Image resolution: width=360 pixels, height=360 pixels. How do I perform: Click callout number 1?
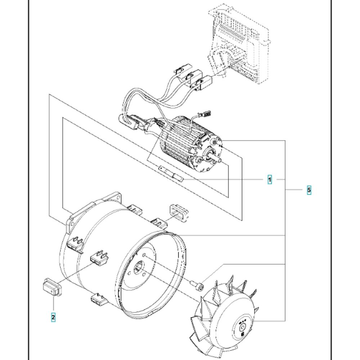click(x=270, y=179)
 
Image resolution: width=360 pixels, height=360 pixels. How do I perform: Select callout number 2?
click(x=53, y=317)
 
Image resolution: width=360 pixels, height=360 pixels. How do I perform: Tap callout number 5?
click(x=309, y=190)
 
